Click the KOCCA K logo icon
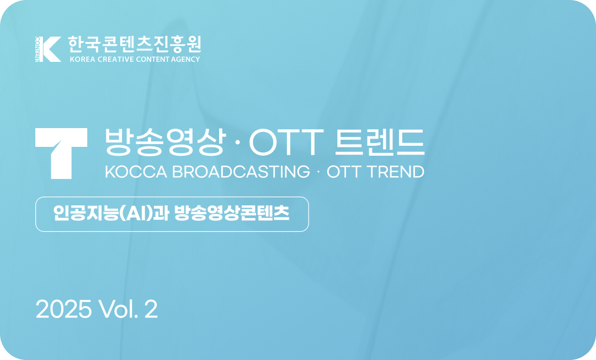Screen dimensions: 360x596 tap(48, 49)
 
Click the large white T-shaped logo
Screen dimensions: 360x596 tap(61, 153)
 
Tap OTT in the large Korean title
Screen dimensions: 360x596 tap(286, 144)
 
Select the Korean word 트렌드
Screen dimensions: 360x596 tap(380, 144)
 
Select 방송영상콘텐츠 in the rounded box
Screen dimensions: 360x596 tap(232, 214)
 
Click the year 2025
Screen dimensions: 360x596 tap(63, 310)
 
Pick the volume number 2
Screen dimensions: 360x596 tap(151, 310)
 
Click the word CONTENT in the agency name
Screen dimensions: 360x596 tap(153, 59)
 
